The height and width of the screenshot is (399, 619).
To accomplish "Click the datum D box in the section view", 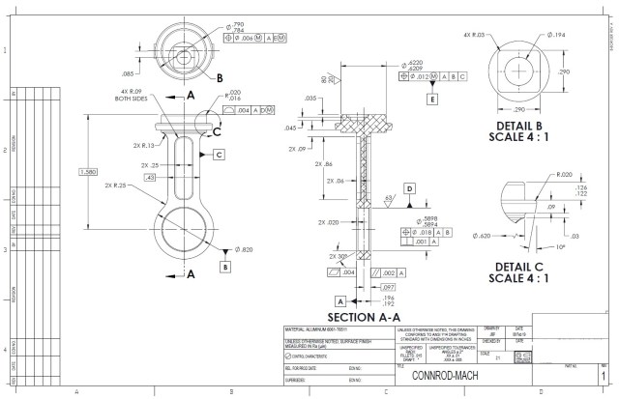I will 409,187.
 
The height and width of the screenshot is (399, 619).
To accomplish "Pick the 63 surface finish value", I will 388,198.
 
